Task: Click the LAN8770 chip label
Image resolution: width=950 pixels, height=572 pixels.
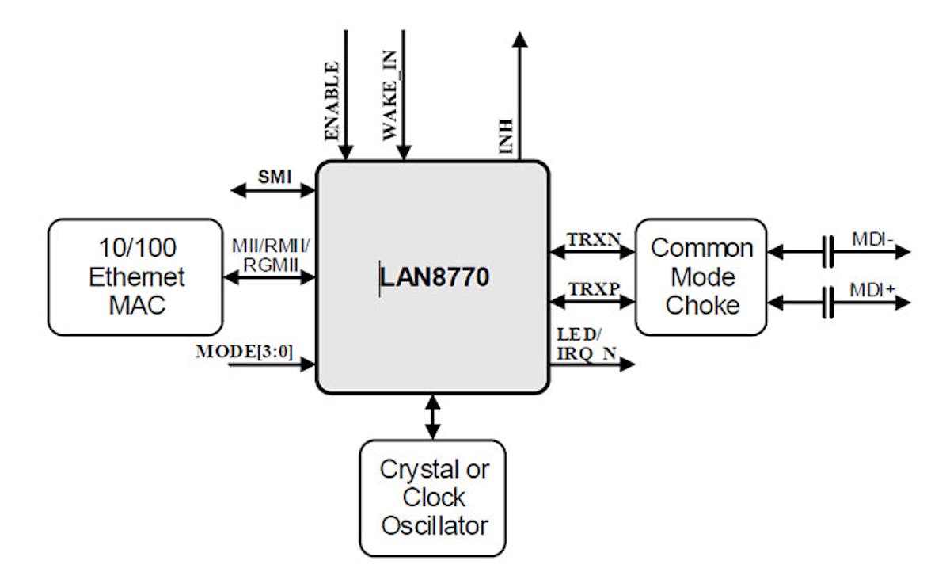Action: (434, 277)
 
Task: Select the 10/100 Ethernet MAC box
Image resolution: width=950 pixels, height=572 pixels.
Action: (135, 277)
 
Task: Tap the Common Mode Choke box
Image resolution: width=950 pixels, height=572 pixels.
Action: (701, 276)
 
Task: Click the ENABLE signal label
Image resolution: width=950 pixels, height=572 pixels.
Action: (332, 101)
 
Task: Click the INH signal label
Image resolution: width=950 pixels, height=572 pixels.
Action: (505, 136)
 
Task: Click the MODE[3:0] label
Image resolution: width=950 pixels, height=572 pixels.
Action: (245, 351)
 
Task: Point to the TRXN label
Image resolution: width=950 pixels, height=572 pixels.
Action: (591, 238)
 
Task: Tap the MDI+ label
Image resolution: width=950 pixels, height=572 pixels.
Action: (873, 289)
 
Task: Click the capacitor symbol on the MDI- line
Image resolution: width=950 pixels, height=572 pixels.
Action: (828, 253)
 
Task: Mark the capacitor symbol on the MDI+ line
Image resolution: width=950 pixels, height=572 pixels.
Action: (828, 303)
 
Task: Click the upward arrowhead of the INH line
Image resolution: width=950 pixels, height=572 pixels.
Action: (520, 40)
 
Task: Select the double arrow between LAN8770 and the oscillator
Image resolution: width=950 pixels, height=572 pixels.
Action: (432, 417)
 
